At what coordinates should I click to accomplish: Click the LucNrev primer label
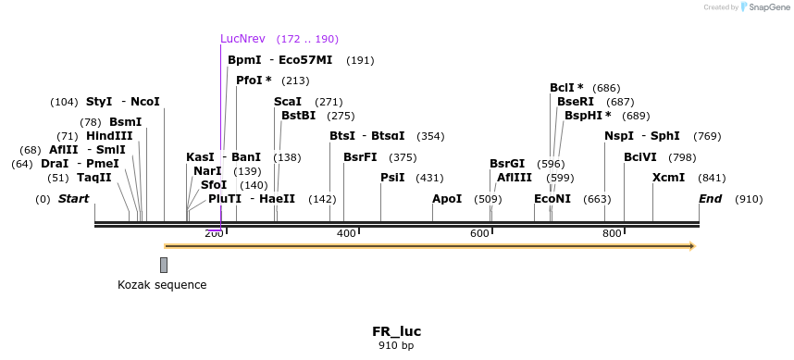click(x=242, y=39)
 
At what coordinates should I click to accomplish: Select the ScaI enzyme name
click(x=288, y=102)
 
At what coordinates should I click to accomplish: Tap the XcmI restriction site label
click(x=668, y=178)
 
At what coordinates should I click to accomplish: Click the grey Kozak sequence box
click(x=164, y=265)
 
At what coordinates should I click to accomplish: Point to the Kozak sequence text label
click(x=162, y=285)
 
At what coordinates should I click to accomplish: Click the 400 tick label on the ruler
click(x=346, y=233)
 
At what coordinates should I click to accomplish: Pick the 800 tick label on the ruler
click(x=612, y=233)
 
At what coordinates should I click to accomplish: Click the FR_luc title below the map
click(x=397, y=331)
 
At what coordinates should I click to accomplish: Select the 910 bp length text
click(x=397, y=346)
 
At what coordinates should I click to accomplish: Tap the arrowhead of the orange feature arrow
click(x=690, y=246)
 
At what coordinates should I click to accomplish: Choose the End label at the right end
click(x=710, y=199)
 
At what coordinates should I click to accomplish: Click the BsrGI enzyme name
click(x=507, y=164)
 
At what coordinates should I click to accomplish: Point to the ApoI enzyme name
click(x=447, y=199)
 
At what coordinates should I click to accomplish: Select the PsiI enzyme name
click(x=392, y=178)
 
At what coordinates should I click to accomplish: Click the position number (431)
click(x=429, y=178)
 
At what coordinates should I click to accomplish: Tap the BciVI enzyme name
click(x=640, y=157)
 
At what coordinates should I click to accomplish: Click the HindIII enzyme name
click(x=109, y=136)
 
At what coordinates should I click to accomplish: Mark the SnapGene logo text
click(x=768, y=7)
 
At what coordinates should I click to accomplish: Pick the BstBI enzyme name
click(x=298, y=116)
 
